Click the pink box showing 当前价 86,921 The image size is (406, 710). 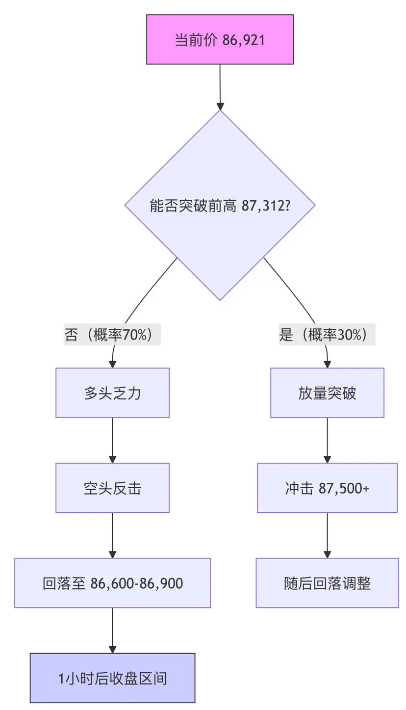click(x=220, y=39)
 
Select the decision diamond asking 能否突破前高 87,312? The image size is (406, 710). click(x=220, y=205)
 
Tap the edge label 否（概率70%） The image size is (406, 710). click(x=113, y=335)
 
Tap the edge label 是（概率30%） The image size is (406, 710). click(x=327, y=335)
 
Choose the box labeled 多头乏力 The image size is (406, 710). click(x=112, y=393)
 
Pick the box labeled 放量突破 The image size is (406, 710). click(x=327, y=393)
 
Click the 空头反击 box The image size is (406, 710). click(x=112, y=488)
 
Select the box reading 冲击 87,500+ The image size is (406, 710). click(x=327, y=488)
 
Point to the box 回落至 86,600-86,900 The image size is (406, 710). click(x=112, y=583)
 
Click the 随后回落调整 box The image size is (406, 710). click(x=327, y=583)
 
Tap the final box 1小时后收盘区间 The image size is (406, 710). click(x=112, y=678)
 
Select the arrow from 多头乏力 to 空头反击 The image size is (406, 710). click(x=113, y=440)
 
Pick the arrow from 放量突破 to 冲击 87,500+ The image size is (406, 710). click(x=328, y=440)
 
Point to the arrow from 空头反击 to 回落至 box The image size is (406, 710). click(x=113, y=535)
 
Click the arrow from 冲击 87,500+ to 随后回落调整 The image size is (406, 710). click(x=328, y=535)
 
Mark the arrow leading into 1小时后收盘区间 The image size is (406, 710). click(x=113, y=631)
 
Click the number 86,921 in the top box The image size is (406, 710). click(x=243, y=40)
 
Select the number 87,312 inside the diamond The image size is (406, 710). click(x=263, y=206)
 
